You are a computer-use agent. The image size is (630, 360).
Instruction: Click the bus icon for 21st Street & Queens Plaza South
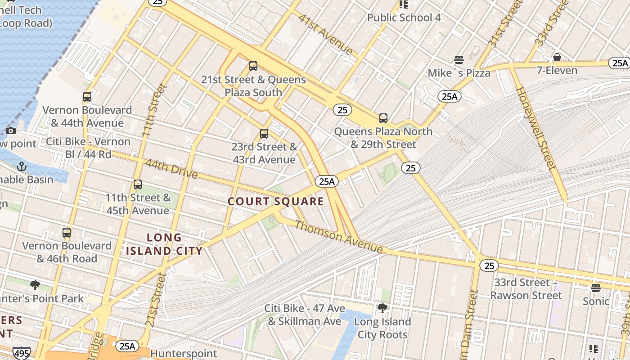(253, 66)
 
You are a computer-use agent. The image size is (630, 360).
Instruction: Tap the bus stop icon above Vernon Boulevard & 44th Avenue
(87, 97)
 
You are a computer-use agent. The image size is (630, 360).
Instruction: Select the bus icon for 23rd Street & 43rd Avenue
(264, 134)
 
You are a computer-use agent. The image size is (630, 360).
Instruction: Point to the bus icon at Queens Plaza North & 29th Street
(383, 118)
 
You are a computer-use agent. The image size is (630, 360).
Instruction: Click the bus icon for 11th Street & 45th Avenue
(138, 184)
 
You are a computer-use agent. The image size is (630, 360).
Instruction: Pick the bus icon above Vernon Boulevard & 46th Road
(67, 233)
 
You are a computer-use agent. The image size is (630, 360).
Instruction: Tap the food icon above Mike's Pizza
(459, 60)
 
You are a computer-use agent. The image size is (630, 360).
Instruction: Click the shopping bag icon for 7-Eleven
(557, 57)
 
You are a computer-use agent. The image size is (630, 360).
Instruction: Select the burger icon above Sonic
(596, 288)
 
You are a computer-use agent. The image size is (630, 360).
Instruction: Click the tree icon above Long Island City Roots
(382, 308)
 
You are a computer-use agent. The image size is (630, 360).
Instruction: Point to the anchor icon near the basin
(22, 166)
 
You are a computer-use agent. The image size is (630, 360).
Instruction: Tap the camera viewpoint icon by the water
(11, 131)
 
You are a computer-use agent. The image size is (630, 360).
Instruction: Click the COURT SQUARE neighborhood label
(275, 201)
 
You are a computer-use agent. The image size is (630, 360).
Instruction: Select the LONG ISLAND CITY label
(164, 244)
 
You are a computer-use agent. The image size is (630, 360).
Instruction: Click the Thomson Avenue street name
(339, 237)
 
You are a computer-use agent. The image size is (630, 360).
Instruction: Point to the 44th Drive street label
(171, 169)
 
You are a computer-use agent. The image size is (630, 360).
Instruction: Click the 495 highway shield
(21, 353)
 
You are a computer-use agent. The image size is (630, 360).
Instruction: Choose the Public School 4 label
(404, 18)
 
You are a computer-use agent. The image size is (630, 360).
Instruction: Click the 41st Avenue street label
(326, 34)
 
